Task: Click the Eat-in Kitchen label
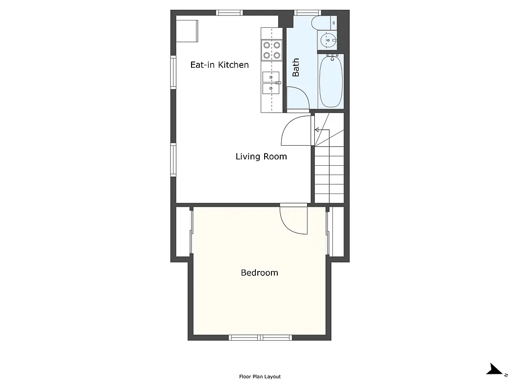[219, 65]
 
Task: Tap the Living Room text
[261, 156]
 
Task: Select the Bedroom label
[259, 273]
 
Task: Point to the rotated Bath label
[296, 68]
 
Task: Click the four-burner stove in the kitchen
[272, 50]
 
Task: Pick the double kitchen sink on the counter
[271, 83]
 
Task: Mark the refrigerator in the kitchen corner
[187, 31]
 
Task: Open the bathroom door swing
[297, 98]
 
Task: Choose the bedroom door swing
[294, 220]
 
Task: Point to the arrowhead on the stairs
[317, 130]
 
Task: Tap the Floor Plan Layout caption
[260, 377]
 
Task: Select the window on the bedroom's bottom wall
[261, 337]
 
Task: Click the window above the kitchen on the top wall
[230, 13]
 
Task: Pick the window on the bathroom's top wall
[308, 13]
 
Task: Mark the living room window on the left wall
[173, 159]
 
